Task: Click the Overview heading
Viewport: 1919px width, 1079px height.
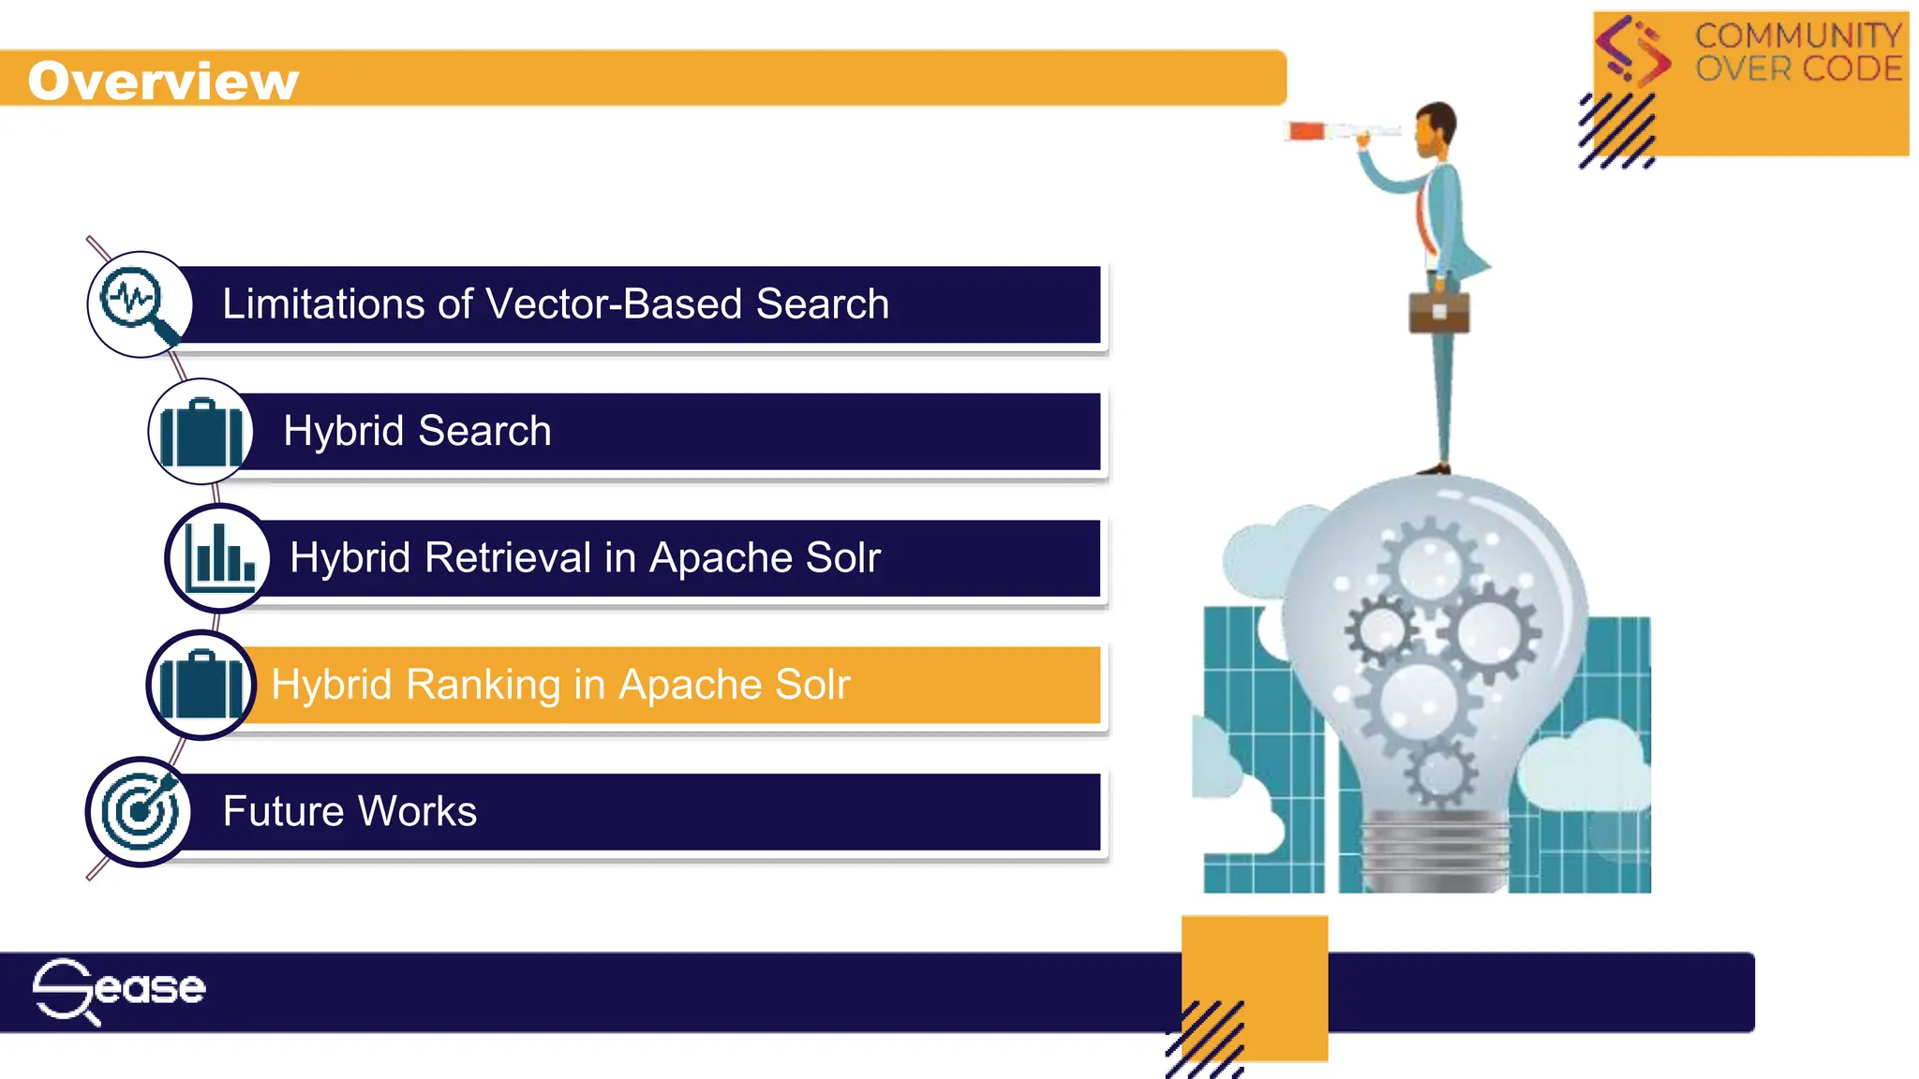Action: click(x=163, y=81)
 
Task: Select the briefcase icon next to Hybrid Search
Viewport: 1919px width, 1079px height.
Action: click(x=201, y=432)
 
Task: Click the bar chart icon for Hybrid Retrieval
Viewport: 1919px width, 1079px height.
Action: click(x=219, y=557)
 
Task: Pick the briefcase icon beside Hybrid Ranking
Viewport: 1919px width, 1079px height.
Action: click(x=201, y=685)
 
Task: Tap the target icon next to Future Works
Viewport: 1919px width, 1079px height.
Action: click(x=140, y=811)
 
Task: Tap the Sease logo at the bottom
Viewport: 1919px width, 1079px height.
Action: click(x=118, y=990)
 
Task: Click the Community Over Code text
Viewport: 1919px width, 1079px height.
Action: click(x=1798, y=52)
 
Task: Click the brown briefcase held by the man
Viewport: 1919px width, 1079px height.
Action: click(x=1439, y=312)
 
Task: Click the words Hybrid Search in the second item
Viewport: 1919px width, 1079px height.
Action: click(x=417, y=432)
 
